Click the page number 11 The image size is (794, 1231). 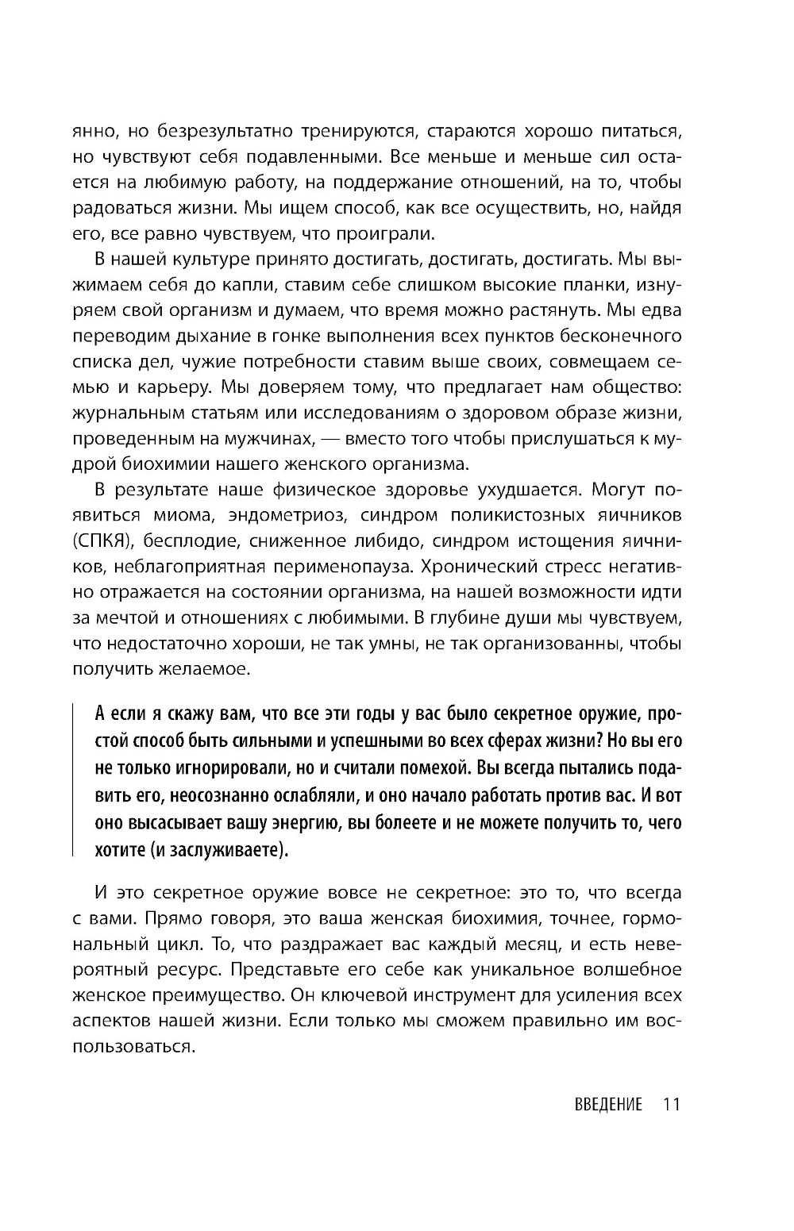[x=671, y=1104]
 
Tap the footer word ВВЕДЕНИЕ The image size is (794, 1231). [x=607, y=1104]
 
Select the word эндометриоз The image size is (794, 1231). [x=287, y=515]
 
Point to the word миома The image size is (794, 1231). [x=188, y=515]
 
